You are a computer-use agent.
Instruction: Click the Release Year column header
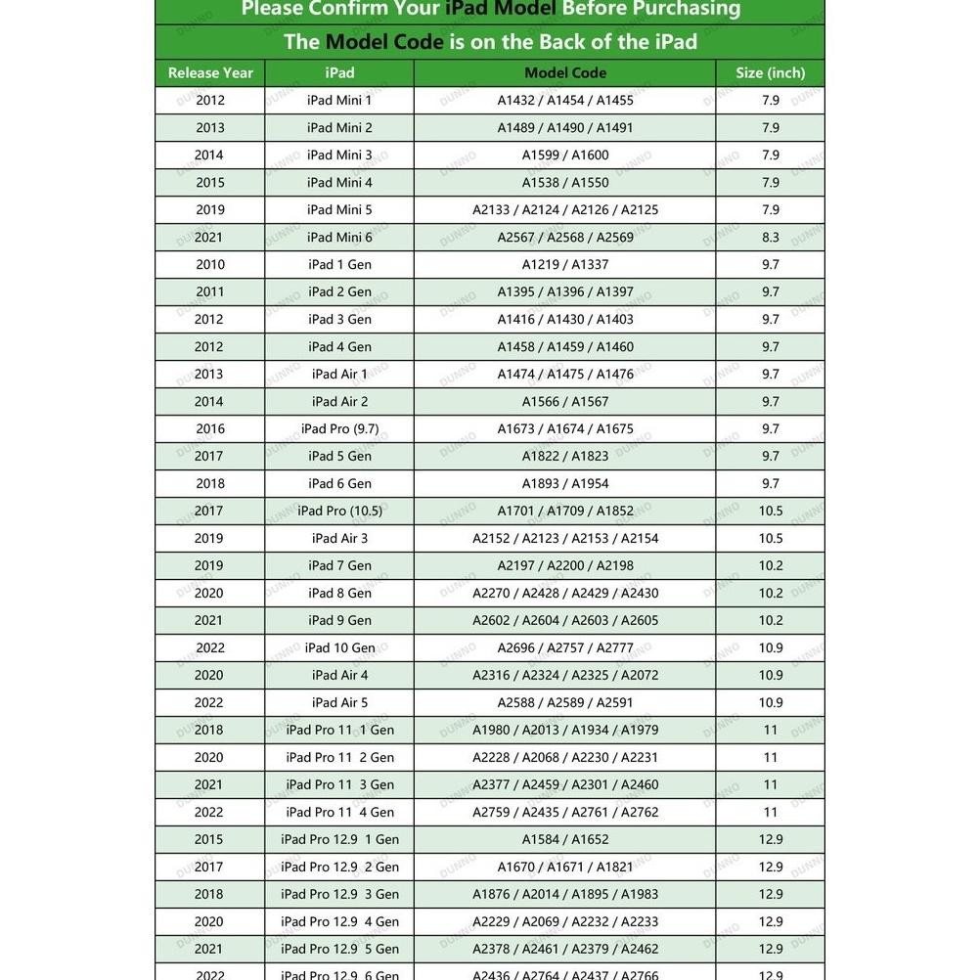pos(210,72)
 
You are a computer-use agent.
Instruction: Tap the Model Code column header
pos(565,72)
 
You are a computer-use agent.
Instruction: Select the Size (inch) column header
pos(771,72)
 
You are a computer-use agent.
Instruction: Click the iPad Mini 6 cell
pos(339,237)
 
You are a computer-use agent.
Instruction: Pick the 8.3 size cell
pos(771,237)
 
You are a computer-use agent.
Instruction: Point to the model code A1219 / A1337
pos(565,264)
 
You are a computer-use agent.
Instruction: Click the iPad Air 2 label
pos(339,401)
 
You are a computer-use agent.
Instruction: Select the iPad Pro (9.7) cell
pos(339,428)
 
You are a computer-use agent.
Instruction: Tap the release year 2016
pos(210,428)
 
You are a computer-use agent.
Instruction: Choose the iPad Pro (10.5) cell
pos(339,511)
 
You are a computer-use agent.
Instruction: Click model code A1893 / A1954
pos(565,483)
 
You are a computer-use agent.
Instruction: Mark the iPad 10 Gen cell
pos(339,647)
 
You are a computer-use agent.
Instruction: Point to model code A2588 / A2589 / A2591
pos(565,702)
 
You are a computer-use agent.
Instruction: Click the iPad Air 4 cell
pos(339,675)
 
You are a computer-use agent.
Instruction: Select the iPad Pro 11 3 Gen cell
pos(339,784)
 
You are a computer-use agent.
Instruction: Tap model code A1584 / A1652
pos(565,839)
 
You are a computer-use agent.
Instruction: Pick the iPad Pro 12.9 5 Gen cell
pos(339,949)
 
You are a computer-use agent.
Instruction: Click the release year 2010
pos(210,264)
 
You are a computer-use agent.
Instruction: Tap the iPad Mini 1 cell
pos(339,100)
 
